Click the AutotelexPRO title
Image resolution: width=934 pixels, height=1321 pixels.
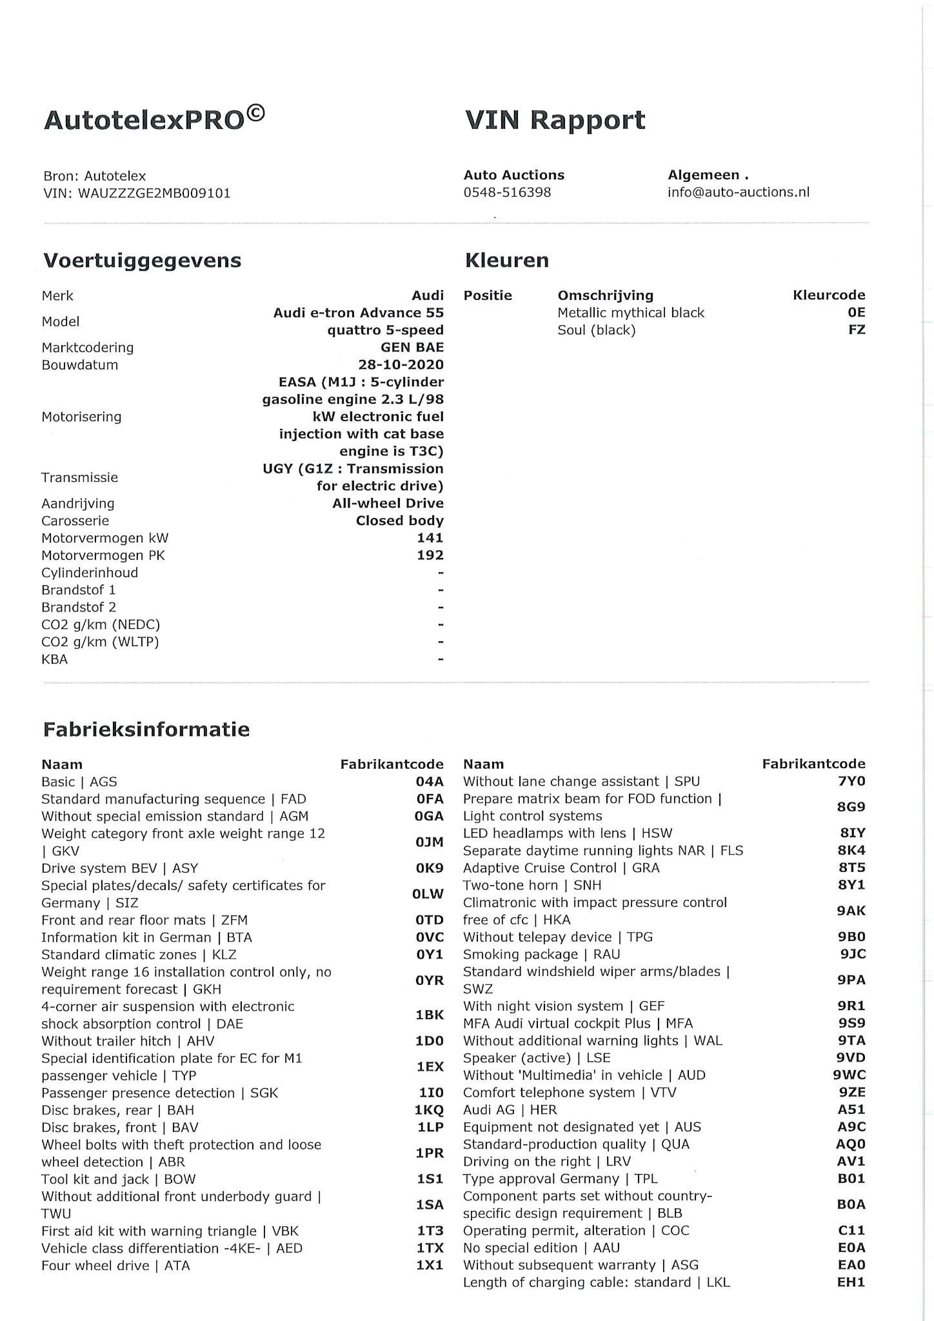(154, 119)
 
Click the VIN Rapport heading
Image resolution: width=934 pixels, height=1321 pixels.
(555, 120)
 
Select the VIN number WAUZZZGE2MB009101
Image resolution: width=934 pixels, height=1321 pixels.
(154, 193)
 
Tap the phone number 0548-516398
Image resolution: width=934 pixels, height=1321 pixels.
(507, 192)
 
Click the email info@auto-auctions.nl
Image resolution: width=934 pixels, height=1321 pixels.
(739, 192)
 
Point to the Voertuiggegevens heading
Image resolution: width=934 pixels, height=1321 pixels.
(142, 261)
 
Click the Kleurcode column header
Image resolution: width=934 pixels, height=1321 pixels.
(829, 295)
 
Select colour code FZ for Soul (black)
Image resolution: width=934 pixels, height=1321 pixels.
(857, 330)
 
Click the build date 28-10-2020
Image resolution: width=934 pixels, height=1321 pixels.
(401, 365)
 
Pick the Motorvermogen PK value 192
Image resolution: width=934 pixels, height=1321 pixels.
(430, 555)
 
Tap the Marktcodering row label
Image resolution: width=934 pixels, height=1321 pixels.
(88, 348)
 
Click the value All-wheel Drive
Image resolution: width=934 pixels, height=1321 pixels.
(388, 503)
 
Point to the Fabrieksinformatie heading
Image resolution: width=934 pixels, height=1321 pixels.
(146, 730)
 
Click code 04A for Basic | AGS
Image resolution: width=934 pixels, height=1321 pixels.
(430, 782)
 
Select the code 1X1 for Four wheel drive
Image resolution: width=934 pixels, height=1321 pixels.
(430, 1266)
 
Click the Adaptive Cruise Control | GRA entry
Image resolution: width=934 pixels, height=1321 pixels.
(561, 868)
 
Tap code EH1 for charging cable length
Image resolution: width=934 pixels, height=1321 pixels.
(851, 1282)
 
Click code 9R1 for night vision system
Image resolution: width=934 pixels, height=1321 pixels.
(851, 1006)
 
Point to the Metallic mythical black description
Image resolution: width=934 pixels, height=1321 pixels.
(631, 313)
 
